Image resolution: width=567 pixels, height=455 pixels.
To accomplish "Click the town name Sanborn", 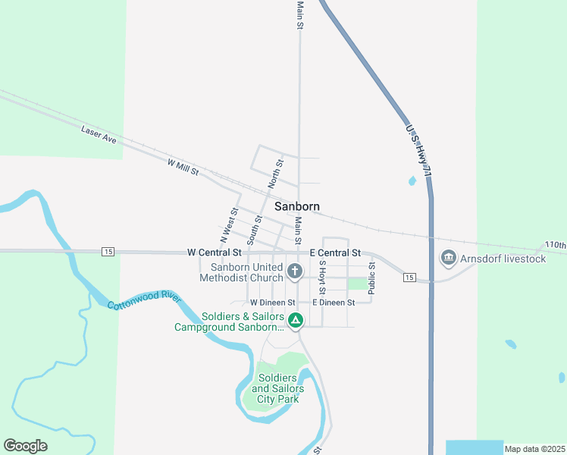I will point(296,206).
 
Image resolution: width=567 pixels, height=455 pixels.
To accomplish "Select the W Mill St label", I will point(183,167).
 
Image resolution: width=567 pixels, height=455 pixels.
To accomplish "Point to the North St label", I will point(276,174).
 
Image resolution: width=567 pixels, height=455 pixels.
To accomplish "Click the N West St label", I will point(230,223).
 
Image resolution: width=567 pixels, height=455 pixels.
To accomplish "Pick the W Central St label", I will point(214,252).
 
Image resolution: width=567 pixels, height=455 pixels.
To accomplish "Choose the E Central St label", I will point(335,253).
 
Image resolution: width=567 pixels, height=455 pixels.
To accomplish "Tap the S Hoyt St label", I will point(322,278).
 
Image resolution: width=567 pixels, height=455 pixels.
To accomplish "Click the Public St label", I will point(371,278).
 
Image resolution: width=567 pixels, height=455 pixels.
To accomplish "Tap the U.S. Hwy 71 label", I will point(418,152).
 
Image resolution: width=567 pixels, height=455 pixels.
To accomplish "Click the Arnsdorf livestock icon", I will point(448,259).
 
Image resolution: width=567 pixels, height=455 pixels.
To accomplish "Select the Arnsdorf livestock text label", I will point(503,259).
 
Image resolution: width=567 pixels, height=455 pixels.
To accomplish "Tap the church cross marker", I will point(295,270).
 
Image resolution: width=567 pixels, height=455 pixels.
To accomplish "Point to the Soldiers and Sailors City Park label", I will point(281,388).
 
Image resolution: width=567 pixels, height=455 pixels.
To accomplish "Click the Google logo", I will point(25,446).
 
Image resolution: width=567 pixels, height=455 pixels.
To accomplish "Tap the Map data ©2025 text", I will point(534,449).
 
